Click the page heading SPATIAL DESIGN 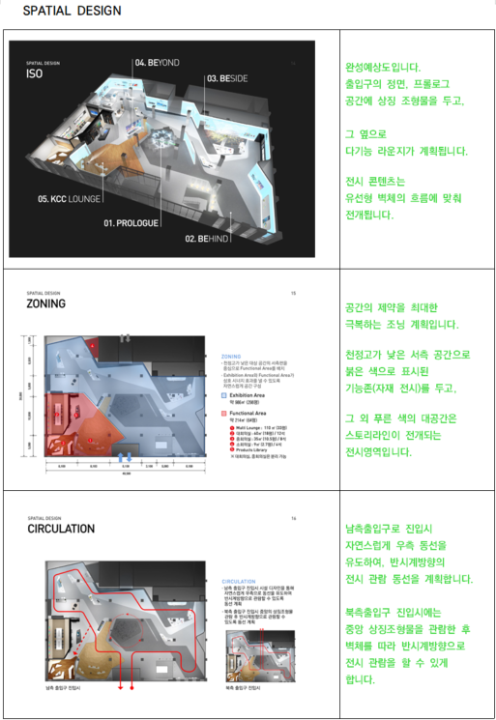[73, 12]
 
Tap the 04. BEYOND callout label [158, 63]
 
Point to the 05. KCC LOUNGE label [69, 200]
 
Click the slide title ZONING [47, 303]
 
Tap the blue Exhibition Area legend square [224, 395]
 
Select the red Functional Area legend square [224, 411]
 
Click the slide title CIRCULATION [61, 529]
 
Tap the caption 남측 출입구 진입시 [63, 689]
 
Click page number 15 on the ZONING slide [294, 290]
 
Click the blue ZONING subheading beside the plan [233, 356]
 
